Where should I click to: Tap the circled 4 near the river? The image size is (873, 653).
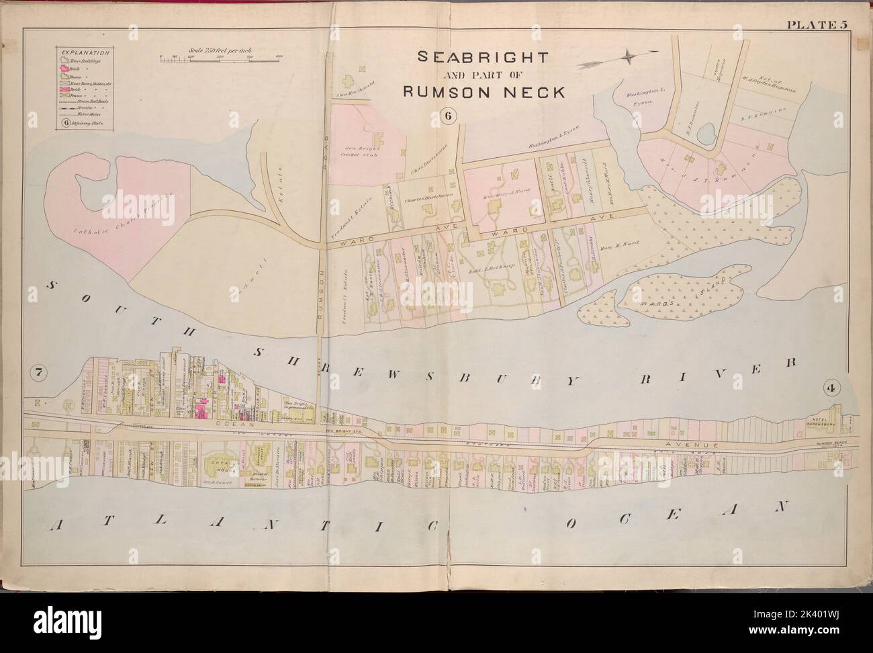828,388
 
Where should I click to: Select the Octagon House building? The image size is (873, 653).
218,464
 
